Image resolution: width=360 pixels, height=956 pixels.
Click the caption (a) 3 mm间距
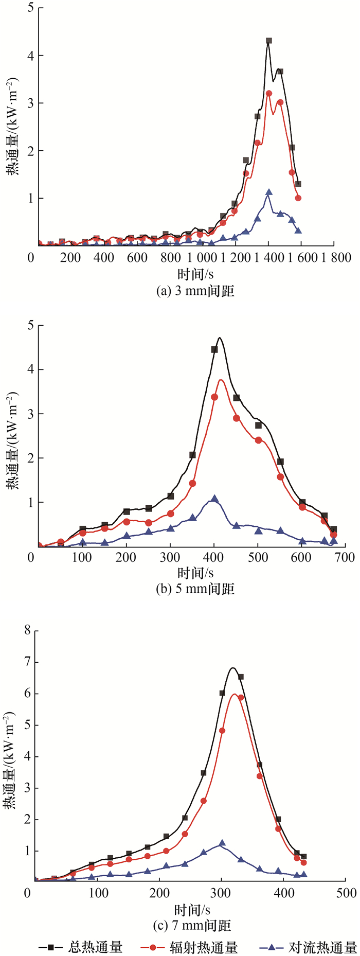[195, 291]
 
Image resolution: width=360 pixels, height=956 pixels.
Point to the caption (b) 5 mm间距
[195, 588]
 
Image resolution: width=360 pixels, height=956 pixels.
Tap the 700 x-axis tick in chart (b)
[345, 558]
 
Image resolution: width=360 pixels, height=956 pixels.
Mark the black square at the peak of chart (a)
[269, 41]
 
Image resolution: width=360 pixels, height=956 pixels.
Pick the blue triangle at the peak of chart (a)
[269, 192]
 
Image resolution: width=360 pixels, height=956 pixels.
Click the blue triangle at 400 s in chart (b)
[214, 499]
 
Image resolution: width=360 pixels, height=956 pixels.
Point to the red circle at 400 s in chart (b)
[214, 397]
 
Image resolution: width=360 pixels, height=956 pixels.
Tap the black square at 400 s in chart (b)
[214, 350]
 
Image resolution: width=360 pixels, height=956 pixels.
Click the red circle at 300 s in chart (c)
[222, 731]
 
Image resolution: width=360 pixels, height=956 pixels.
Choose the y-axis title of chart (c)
[11, 762]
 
